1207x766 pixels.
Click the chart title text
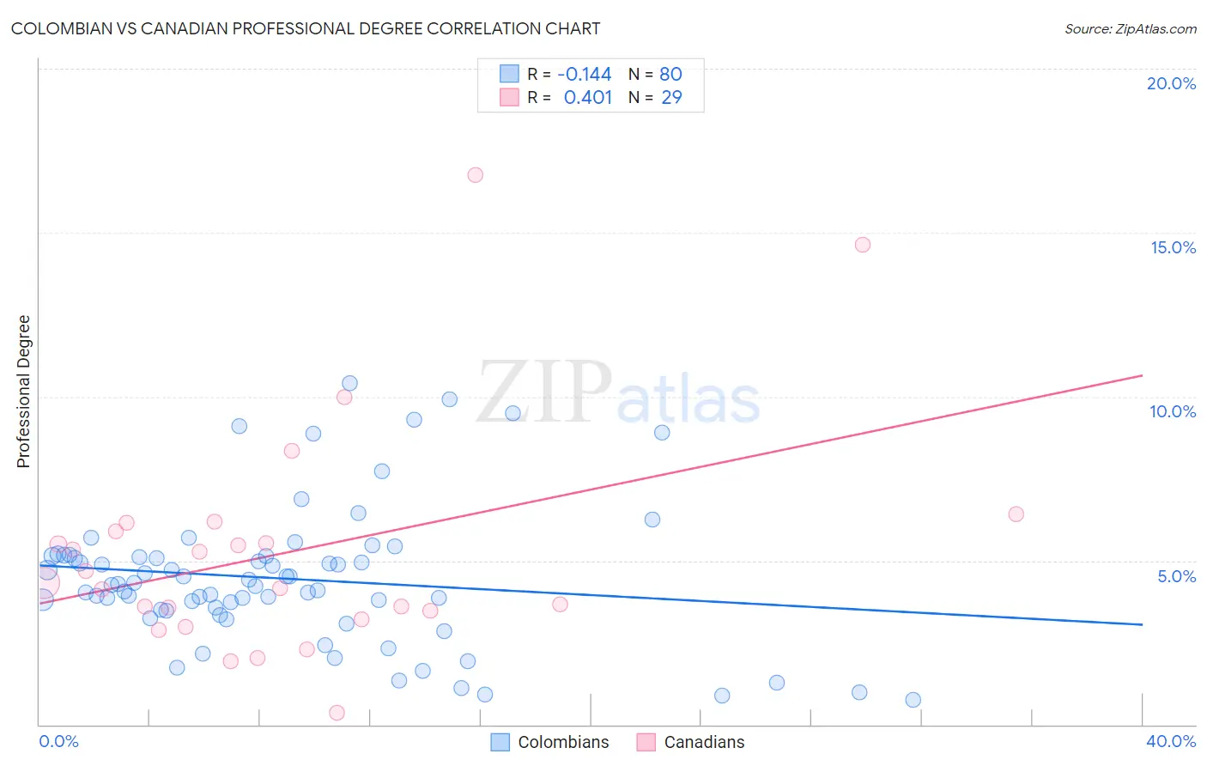[x=306, y=28]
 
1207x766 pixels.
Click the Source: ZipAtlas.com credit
[x=1130, y=28]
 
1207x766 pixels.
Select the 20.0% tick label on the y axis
[x=1171, y=83]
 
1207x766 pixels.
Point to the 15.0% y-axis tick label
[x=1173, y=247]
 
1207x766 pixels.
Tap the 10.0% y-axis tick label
[x=1173, y=411]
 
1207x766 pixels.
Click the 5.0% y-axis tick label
[x=1176, y=576]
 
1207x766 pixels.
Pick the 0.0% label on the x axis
[x=58, y=741]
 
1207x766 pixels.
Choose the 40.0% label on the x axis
[x=1171, y=741]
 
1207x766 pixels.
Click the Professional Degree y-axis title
[x=23, y=392]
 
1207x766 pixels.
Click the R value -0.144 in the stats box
[x=585, y=75]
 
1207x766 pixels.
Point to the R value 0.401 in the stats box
[x=587, y=98]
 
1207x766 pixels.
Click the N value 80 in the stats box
[x=670, y=75]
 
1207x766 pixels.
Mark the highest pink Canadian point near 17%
[x=475, y=175]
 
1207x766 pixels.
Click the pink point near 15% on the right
[x=863, y=245]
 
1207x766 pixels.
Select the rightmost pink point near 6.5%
[x=1016, y=514]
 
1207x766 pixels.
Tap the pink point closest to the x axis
[x=337, y=713]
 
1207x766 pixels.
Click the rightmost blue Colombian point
[x=913, y=700]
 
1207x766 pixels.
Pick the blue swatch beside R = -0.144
[x=509, y=74]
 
